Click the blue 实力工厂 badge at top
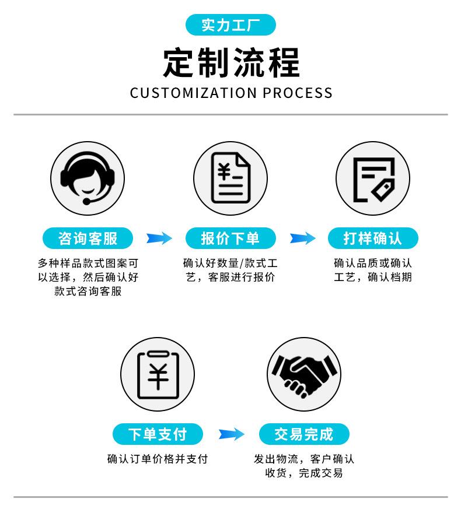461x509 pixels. click(x=230, y=25)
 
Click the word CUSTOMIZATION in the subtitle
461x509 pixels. click(x=193, y=93)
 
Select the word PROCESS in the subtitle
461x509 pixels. click(x=297, y=93)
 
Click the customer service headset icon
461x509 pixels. click(x=88, y=177)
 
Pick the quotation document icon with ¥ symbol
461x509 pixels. click(x=230, y=177)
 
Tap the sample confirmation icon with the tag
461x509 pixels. click(x=372, y=177)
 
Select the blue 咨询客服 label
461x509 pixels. click(x=88, y=238)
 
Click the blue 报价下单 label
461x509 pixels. click(x=230, y=238)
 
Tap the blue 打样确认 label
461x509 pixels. click(x=372, y=238)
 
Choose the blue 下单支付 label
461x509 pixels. click(x=158, y=434)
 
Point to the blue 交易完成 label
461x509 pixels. click(x=303, y=434)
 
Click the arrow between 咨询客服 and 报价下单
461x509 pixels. click(x=159, y=238)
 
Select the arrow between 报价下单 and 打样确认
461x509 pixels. click(x=302, y=238)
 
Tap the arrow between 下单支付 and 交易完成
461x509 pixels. click(x=231, y=434)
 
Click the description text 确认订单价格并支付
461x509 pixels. click(x=158, y=459)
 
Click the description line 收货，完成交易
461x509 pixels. click(x=303, y=473)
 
